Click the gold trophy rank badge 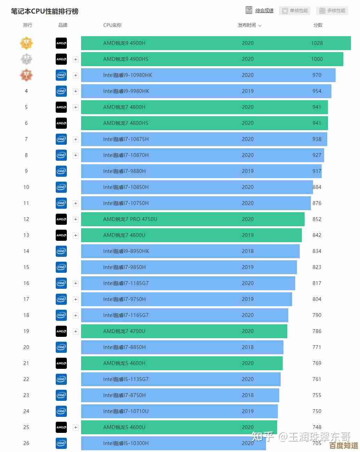pos(26,43)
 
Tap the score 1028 pos(317,43)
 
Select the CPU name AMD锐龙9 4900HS pos(126,59)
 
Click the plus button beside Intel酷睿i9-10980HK pos(76,75)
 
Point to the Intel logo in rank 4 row pos(61,91)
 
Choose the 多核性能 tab pos(332,11)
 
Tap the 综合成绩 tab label pos(264,11)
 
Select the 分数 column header pos(318,25)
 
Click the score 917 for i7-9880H pos(317,171)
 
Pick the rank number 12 pos(26,219)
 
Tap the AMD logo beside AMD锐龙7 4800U pos(61,235)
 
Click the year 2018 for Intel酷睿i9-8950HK pos(248,251)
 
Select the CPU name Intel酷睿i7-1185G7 pos(126,283)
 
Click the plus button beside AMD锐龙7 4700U pos(76,331)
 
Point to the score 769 pos(317,363)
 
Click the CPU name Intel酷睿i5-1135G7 pos(126,379)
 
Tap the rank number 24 pos(26,411)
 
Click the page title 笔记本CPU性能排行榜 pos(45,11)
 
